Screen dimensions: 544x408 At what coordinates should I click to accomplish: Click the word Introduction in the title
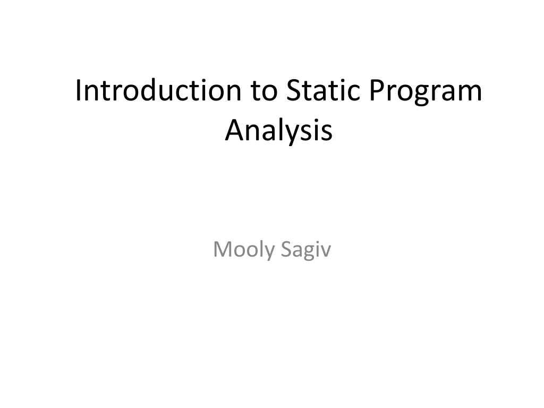pyautogui.click(x=158, y=90)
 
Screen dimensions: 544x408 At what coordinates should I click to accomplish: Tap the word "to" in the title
pyautogui.click(x=265, y=91)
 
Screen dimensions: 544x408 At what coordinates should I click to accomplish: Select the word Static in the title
pyautogui.click(x=324, y=90)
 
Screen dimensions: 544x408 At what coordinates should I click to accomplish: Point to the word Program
pyautogui.click(x=426, y=93)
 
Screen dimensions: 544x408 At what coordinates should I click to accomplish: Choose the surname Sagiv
pyautogui.click(x=306, y=250)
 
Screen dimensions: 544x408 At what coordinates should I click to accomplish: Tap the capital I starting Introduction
pyautogui.click(x=78, y=90)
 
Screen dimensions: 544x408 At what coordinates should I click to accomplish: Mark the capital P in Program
pyautogui.click(x=378, y=90)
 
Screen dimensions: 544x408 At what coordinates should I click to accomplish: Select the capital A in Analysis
pyautogui.click(x=235, y=130)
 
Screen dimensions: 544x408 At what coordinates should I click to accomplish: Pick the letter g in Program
pyautogui.click(x=423, y=95)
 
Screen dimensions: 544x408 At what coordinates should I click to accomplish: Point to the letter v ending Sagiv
pyautogui.click(x=326, y=251)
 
